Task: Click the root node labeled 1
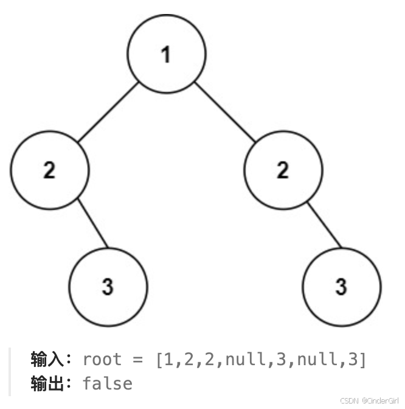pos(166,54)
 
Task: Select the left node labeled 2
pos(49,170)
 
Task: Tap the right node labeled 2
pos(283,170)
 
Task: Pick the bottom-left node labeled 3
pos(108,286)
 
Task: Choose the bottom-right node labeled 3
pos(341,286)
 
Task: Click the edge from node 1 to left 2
pos(108,112)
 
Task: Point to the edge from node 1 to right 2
pos(224,112)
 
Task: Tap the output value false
pos(107,383)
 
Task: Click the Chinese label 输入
pos(47,360)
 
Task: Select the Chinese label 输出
pos(47,383)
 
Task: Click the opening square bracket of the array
pos(159,360)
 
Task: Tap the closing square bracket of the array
pos(363,360)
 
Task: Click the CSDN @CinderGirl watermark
pos(372,402)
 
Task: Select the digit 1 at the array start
pos(168,360)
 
